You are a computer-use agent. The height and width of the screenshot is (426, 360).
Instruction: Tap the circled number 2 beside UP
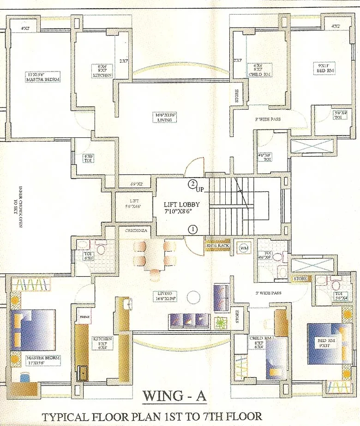click(192, 184)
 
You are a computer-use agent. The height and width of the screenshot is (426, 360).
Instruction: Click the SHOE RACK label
click(217, 245)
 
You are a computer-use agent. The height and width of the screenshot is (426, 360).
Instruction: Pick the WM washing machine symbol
click(244, 248)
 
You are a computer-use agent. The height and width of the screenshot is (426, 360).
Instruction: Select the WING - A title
click(174, 396)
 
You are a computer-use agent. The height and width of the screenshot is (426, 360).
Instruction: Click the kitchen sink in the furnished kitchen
click(83, 373)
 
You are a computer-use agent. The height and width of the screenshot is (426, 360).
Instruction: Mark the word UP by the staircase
click(200, 189)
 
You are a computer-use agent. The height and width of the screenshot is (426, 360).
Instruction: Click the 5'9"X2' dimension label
click(137, 184)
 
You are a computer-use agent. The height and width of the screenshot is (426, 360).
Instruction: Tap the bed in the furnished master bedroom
click(33, 330)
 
